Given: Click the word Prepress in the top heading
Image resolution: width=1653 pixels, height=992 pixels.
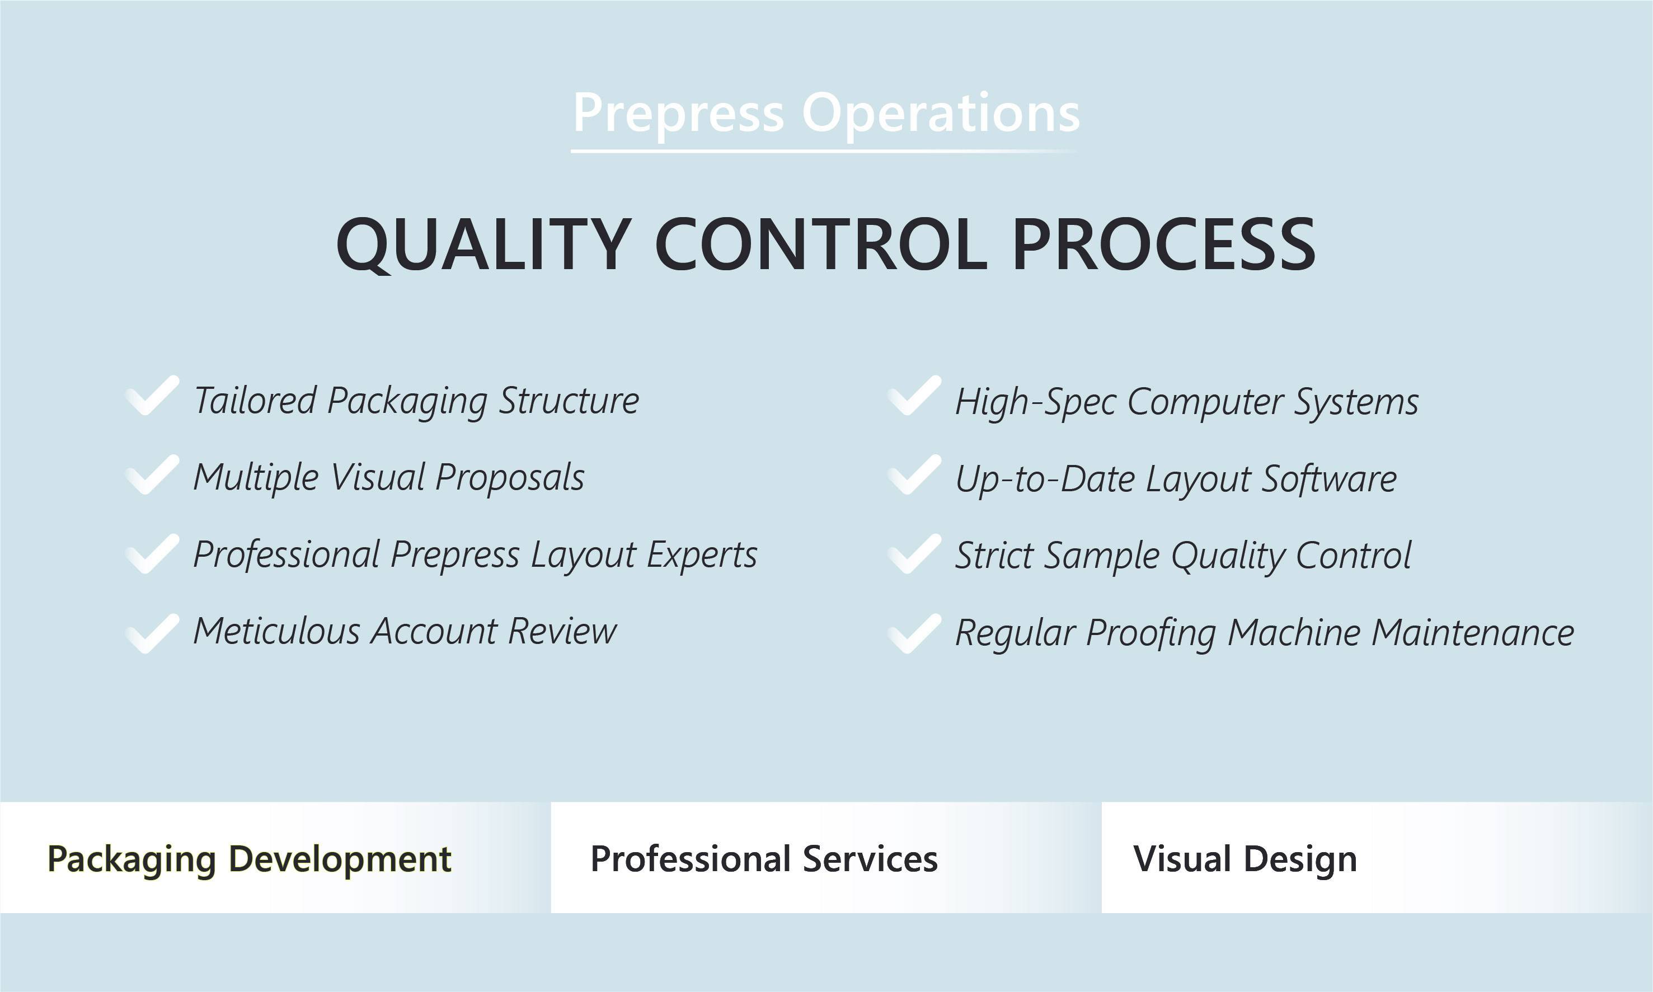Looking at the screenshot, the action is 678,114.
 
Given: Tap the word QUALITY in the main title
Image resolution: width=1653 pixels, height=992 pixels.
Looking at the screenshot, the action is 482,245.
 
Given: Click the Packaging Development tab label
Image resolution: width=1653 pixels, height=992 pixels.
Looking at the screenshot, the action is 250,859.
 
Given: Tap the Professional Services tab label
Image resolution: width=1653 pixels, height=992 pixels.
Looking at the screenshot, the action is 764,859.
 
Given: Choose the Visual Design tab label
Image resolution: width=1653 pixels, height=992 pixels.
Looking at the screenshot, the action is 1245,859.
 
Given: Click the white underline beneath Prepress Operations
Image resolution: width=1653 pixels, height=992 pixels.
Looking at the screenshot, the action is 825,152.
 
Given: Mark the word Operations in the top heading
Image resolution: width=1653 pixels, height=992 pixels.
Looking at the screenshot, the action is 941,114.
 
